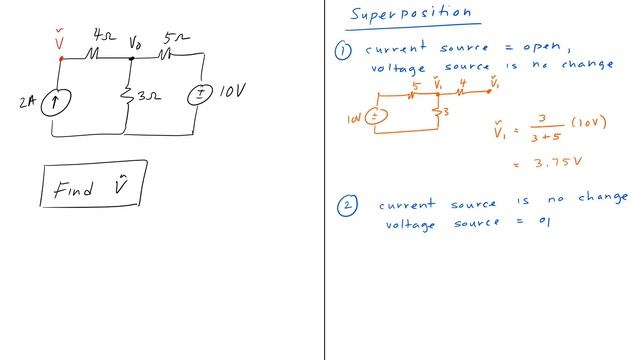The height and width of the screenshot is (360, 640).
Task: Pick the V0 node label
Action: [136, 44]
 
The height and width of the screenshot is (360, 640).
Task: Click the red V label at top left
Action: [60, 42]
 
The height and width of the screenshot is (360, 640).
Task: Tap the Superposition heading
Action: [410, 14]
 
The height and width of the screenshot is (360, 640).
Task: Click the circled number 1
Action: [344, 49]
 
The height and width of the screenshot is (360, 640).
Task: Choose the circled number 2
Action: [346, 205]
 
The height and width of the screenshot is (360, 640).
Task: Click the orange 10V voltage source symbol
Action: [375, 117]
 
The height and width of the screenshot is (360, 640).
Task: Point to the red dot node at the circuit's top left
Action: [61, 58]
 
